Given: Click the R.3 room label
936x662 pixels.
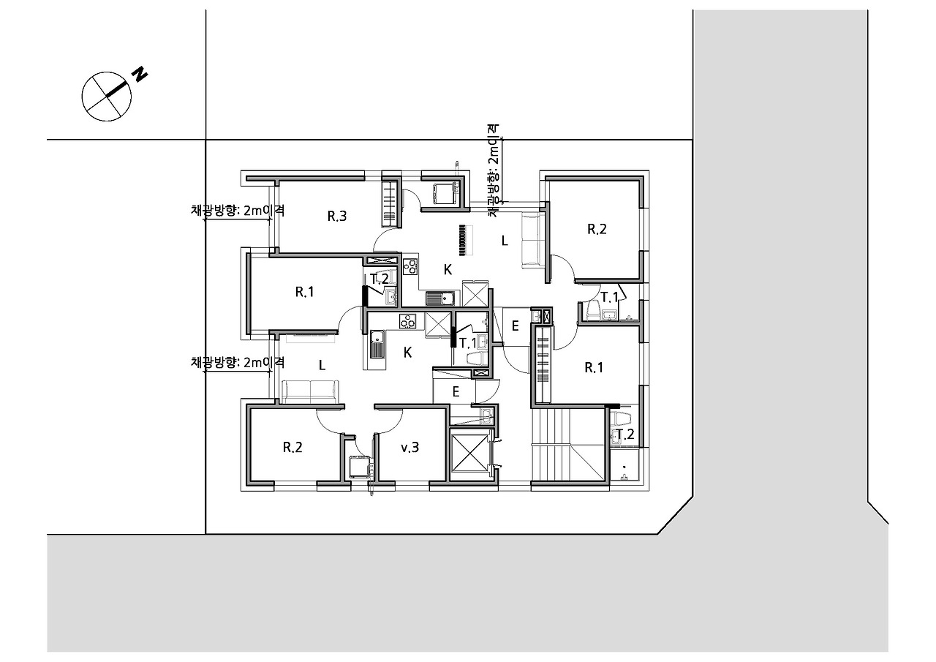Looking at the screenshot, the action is pos(337,217).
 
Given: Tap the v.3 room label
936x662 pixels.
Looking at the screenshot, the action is pos(409,448).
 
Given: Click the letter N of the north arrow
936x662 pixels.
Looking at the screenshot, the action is pos(140,74).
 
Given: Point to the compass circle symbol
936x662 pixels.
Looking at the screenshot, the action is pos(106,97).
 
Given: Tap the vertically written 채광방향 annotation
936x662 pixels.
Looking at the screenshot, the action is pos(494,170).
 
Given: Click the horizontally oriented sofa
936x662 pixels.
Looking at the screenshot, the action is pos(310,391).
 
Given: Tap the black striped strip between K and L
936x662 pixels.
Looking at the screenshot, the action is pos(463,240).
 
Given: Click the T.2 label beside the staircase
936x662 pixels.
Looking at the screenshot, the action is pos(624,435).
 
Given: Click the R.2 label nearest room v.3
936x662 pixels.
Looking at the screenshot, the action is pos(292,448).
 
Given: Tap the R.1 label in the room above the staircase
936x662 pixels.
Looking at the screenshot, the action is pos(593,368).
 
